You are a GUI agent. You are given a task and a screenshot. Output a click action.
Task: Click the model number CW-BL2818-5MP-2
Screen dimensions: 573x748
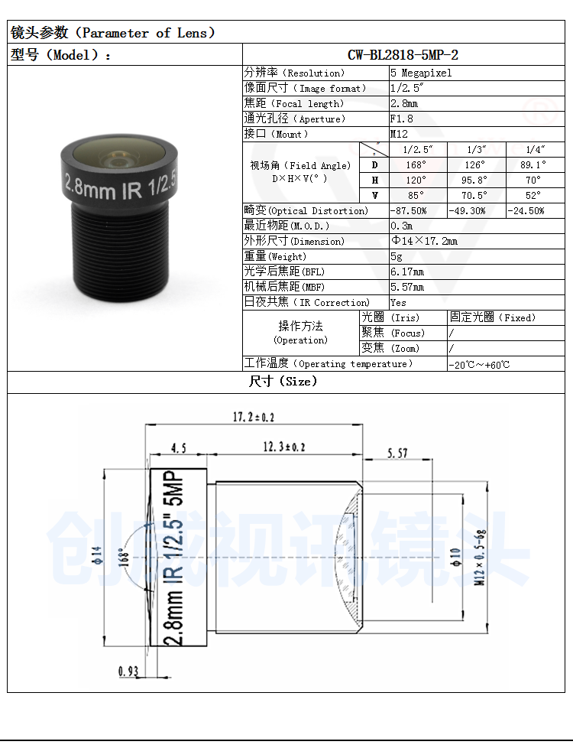tap(403, 55)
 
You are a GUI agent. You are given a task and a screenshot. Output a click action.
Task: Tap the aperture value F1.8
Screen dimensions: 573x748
tap(402, 119)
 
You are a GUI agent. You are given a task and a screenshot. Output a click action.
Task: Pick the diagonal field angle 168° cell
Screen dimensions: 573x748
tap(416, 164)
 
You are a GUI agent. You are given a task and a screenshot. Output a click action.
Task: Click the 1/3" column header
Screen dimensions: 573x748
tap(477, 149)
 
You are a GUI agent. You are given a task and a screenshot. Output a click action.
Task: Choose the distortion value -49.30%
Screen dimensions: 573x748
tap(467, 210)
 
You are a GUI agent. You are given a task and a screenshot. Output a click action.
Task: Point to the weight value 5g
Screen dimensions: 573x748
tap(397, 257)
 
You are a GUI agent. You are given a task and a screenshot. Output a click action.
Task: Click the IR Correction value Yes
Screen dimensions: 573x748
tap(399, 302)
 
